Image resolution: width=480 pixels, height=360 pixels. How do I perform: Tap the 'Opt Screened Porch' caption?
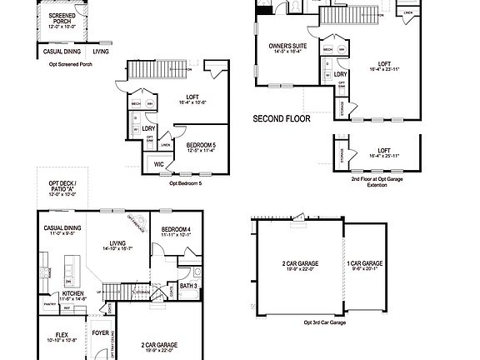[71, 64]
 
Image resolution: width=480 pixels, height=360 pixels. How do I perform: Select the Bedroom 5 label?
[202, 145]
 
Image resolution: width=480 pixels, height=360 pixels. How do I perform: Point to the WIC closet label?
[159, 164]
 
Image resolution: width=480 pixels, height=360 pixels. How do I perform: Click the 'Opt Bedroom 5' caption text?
[185, 182]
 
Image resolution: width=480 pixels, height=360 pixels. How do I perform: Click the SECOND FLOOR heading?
[282, 119]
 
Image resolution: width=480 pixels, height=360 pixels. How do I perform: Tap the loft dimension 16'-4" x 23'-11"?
[384, 68]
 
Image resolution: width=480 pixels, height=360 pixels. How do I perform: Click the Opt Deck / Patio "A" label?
[62, 187]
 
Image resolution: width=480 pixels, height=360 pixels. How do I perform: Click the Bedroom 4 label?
[176, 229]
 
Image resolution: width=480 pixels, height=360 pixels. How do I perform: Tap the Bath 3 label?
[188, 286]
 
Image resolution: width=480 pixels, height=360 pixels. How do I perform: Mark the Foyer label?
[101, 333]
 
